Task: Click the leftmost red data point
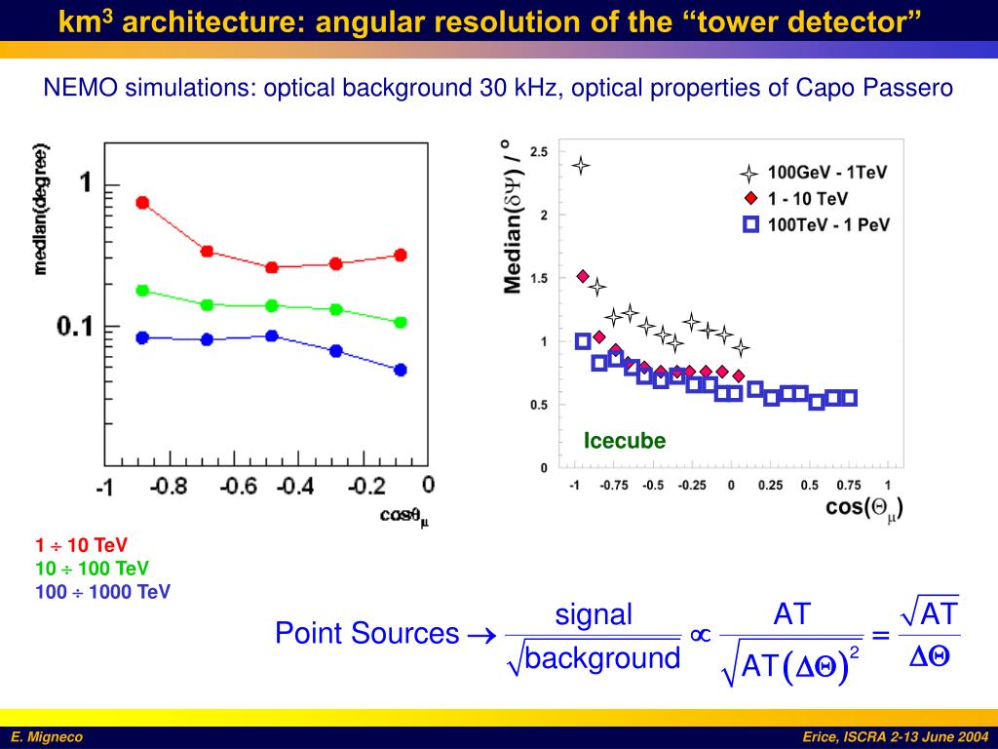click(142, 203)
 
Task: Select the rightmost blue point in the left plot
click(400, 370)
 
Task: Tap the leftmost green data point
click(142, 291)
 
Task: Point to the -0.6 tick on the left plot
click(235, 486)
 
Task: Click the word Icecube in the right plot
click(625, 441)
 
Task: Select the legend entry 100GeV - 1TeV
click(827, 174)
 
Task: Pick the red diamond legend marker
click(748, 199)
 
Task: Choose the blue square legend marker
click(749, 224)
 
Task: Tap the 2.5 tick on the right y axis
click(538, 152)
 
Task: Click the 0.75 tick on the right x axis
click(847, 485)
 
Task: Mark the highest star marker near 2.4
click(581, 165)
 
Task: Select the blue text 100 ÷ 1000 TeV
click(102, 591)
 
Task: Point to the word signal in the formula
click(594, 614)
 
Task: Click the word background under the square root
click(602, 658)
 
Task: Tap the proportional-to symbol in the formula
click(699, 635)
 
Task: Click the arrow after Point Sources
click(481, 635)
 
